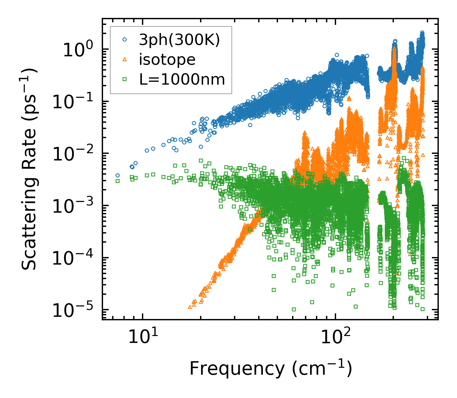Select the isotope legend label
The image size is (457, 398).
tap(167, 60)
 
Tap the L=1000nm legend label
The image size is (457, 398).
tap(182, 80)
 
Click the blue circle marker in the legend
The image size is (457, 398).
tap(125, 40)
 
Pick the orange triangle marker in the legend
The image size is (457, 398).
tap(125, 59)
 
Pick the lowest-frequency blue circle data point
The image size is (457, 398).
tap(117, 175)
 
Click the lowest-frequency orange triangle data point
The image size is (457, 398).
tap(190, 307)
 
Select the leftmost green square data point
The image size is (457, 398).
tap(117, 181)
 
